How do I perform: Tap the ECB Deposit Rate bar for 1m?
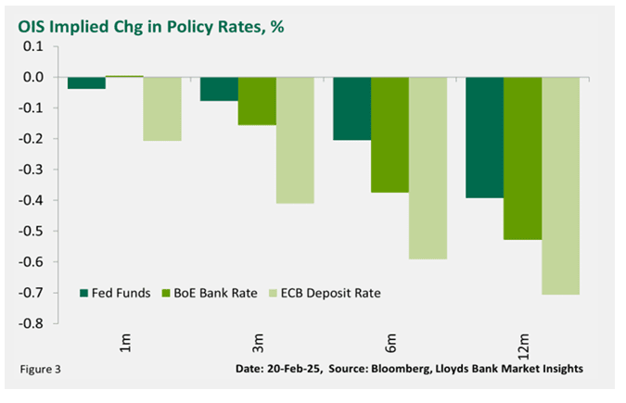(162, 108)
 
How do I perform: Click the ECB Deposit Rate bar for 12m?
(560, 185)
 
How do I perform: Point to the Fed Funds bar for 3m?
(219, 89)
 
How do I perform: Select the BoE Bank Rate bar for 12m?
(522, 158)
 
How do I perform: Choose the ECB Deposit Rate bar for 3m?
(295, 140)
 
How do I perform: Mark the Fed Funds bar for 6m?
(351, 108)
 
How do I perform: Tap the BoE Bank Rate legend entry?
(205, 294)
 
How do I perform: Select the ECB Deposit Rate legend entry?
(324, 294)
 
